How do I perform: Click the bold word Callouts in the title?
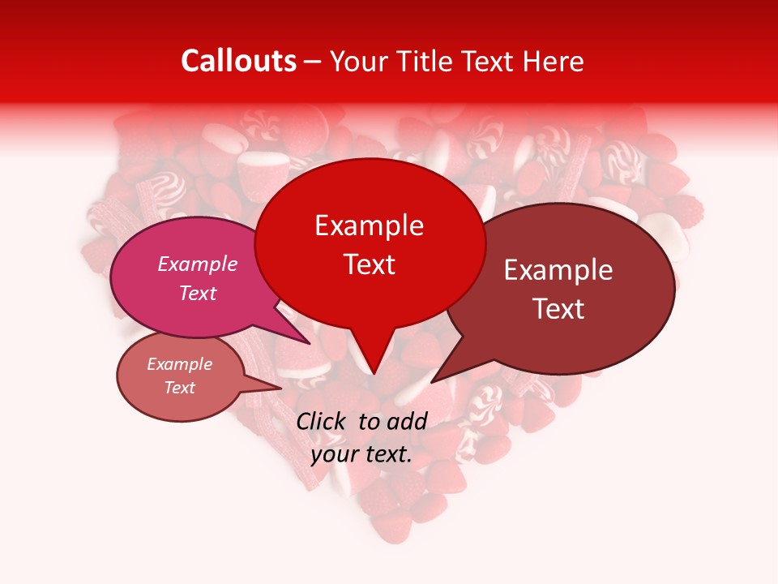tap(238, 61)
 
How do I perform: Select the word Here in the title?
tap(553, 61)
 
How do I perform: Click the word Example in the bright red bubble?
tap(369, 225)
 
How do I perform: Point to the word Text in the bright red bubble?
tap(370, 264)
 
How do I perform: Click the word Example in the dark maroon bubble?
tap(558, 270)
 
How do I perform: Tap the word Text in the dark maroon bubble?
tap(559, 309)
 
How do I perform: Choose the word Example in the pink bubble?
tap(198, 264)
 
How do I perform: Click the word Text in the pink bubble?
tap(198, 293)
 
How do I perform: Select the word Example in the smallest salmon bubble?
tap(180, 364)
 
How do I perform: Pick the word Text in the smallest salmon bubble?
tap(180, 388)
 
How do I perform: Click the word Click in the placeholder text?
tap(323, 421)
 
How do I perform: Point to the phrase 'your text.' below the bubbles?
tap(361, 454)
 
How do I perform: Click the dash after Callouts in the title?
tap(314, 61)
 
